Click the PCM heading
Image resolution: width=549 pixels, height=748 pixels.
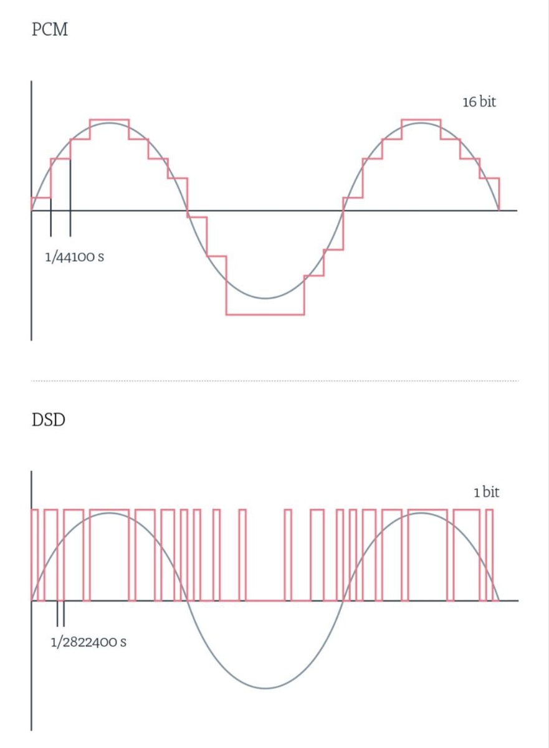point(50,29)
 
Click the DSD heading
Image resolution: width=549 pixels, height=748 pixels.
point(49,420)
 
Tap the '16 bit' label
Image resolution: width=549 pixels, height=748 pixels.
point(479,102)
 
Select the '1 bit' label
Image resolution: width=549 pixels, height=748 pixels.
point(487,492)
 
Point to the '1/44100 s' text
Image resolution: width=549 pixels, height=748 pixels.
point(74,257)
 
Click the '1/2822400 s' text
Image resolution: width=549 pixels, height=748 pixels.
point(88,642)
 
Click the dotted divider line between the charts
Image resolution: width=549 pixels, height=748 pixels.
point(275,381)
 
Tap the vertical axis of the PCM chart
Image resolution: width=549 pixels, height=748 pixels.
point(31,211)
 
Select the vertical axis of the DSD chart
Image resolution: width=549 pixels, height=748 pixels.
point(31,601)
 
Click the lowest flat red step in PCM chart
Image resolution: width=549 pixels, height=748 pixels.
point(265,315)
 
